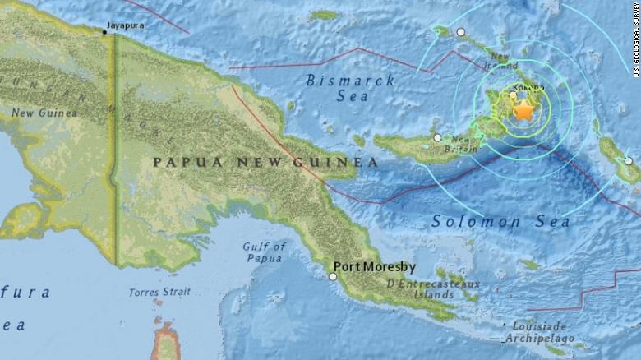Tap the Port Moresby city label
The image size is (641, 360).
point(373,267)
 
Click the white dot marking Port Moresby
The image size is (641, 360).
point(333,277)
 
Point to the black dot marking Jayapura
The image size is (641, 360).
point(104,32)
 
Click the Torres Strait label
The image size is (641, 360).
point(161,293)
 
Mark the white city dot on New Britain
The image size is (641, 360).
point(437,137)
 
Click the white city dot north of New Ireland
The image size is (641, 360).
point(461,32)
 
